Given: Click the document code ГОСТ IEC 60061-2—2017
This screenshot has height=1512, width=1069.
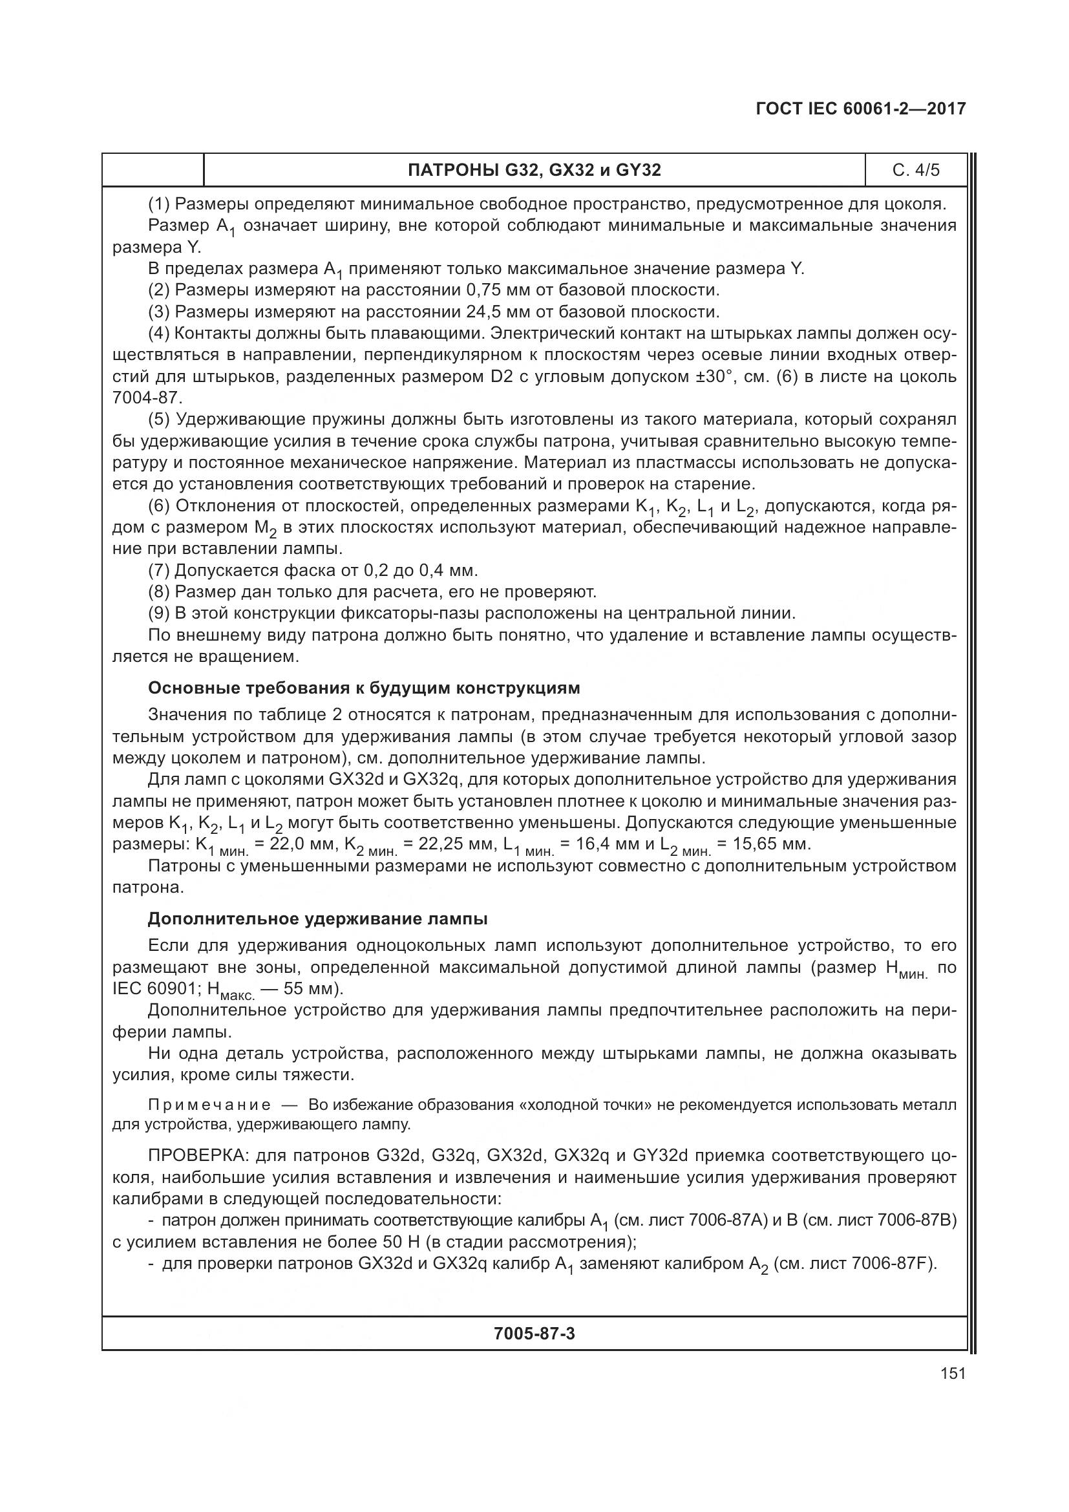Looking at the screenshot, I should pyautogui.click(x=861, y=109).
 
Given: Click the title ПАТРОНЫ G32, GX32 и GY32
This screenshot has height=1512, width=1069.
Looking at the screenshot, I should pyautogui.click(x=534, y=171).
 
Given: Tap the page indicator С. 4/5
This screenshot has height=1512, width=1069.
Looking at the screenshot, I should pyautogui.click(x=916, y=171).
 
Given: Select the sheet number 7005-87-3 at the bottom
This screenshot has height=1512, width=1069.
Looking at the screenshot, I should pyautogui.click(x=534, y=1334).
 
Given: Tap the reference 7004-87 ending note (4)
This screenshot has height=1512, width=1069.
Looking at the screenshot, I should pyautogui.click(x=146, y=398).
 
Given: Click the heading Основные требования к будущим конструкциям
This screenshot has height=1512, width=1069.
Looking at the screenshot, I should pyautogui.click(x=364, y=688).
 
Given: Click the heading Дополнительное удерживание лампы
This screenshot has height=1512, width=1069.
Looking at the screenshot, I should pyautogui.click(x=317, y=919).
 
